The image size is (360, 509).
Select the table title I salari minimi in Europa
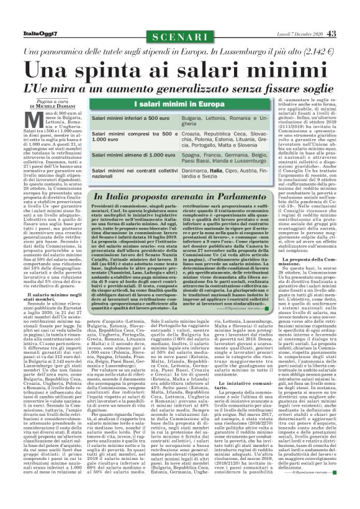(180, 104)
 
